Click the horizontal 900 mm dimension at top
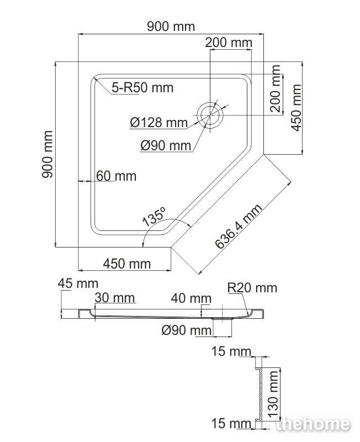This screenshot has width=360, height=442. tap(171, 27)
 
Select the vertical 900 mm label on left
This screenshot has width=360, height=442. tap(47, 154)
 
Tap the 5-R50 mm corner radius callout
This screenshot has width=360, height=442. tap(142, 88)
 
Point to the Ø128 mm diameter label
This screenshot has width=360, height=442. tap(159, 123)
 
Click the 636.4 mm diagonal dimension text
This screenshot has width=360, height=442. tap(239, 227)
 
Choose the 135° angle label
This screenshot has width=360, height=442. tap(154, 217)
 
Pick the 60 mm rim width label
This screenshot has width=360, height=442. tap(116, 176)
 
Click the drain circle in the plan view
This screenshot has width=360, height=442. tap(210, 115)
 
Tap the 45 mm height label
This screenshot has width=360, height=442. tap(78, 283)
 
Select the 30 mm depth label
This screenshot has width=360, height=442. tap(115, 298)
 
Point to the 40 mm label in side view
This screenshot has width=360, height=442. tap(191, 298)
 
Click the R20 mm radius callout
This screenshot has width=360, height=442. tap(252, 287)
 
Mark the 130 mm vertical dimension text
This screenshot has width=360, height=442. tap(273, 394)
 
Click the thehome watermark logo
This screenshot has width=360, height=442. tap(313, 424)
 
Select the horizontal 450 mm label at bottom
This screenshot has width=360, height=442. tap(127, 264)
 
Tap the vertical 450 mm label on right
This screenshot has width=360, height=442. tap(296, 108)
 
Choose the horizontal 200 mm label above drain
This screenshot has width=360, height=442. tap(229, 43)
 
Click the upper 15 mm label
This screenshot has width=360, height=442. tap(231, 351)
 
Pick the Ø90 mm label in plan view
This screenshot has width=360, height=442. tap(166, 146)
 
